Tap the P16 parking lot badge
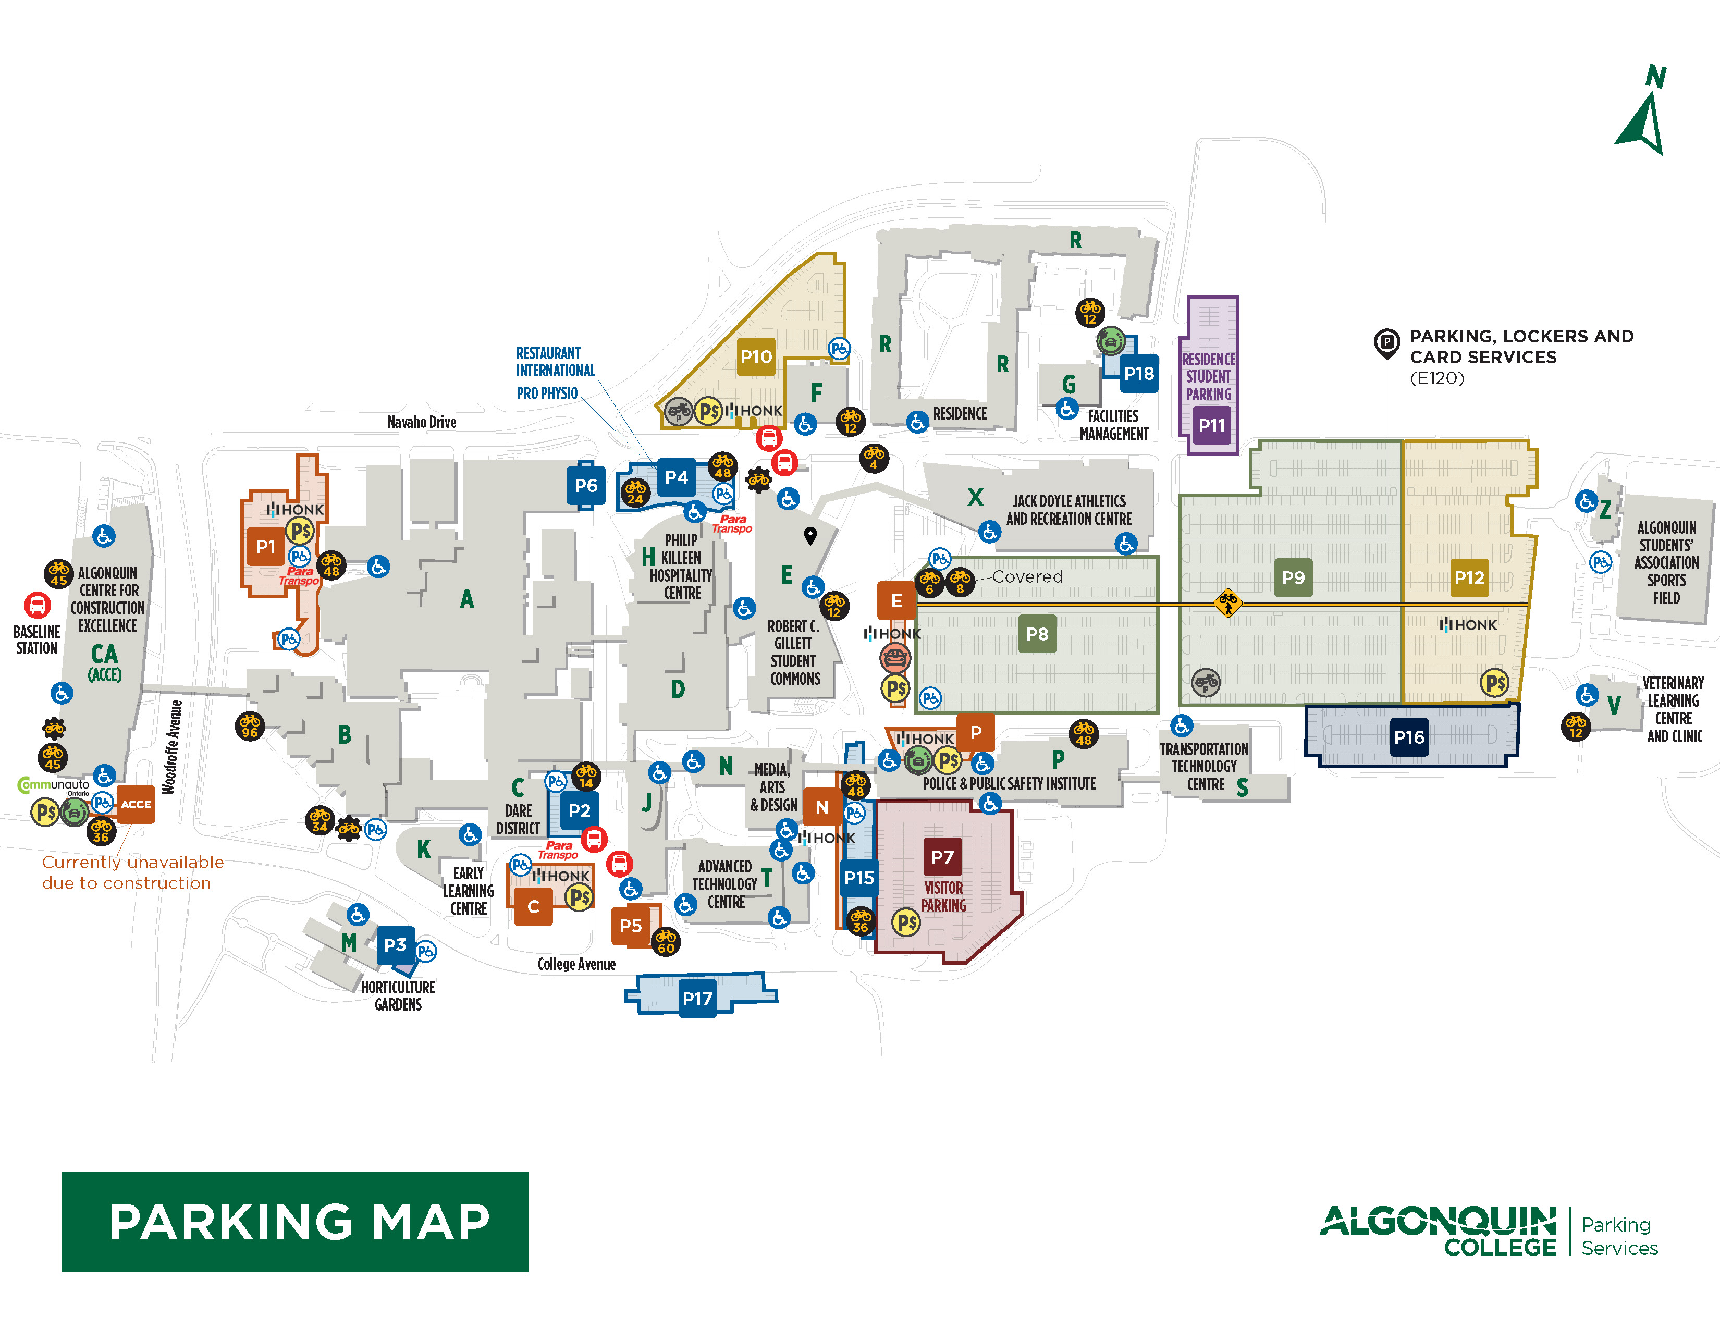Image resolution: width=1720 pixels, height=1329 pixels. [x=1408, y=737]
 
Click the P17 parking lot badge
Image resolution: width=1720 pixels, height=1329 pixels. [x=697, y=999]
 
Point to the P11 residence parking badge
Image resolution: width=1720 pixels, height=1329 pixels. [x=1211, y=426]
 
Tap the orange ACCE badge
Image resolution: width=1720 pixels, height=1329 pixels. [x=136, y=804]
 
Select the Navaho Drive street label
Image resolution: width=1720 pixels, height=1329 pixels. [x=421, y=422]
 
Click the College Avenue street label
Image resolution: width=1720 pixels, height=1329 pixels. [x=576, y=964]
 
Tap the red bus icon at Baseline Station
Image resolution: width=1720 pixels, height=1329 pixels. [x=36, y=605]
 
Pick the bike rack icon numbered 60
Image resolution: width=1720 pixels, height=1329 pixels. [x=666, y=941]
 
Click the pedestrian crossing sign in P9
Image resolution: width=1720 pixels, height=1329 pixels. [x=1227, y=603]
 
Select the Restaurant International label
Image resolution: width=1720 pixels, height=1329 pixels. [x=555, y=361]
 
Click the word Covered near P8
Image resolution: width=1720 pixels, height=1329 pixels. [x=1027, y=576]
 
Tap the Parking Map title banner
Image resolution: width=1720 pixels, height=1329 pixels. [x=296, y=1221]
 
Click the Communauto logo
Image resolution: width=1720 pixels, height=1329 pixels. [x=54, y=785]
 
